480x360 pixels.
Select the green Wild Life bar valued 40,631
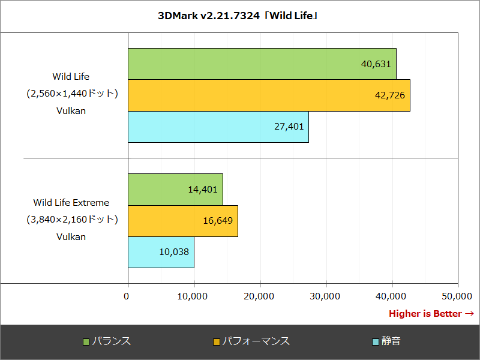coord(262,64)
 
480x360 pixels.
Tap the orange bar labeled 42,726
coord(269,95)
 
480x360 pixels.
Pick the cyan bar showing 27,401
coord(218,127)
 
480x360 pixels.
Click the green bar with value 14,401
coord(175,189)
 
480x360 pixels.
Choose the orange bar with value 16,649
coord(182,221)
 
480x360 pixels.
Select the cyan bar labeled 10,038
coord(161,252)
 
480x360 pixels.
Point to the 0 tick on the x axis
coord(127,296)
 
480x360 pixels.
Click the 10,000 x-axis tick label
coord(193,296)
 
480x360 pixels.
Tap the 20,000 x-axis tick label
coord(259,296)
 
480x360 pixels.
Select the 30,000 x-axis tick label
coord(325,296)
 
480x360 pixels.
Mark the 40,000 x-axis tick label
coord(391,296)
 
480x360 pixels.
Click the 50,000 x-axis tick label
coord(457,296)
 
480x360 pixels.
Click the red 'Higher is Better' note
coord(431,314)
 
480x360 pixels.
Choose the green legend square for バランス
coord(86,341)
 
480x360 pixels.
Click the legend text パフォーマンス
coord(256,341)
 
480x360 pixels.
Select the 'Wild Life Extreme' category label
coord(71,203)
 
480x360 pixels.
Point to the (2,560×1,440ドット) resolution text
coord(71,94)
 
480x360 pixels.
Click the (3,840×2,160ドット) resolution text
coord(71,220)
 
